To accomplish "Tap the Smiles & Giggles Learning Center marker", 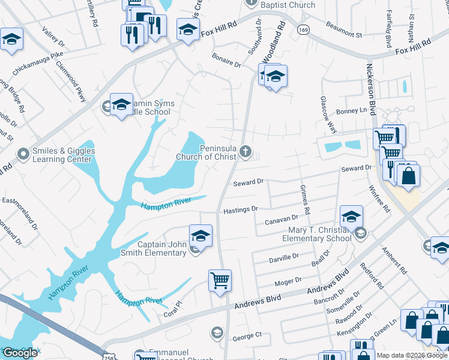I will coord(23,155).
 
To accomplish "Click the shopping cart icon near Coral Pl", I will coord(220,280).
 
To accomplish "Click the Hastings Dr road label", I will coord(240,209).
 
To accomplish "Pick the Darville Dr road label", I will coord(284,256).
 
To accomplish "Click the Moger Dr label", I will coord(288,281).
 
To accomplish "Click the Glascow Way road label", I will coord(327,115).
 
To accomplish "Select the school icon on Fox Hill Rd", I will coord(188,29).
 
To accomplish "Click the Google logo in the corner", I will coord(20,353).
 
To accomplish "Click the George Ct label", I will coord(247,334).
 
